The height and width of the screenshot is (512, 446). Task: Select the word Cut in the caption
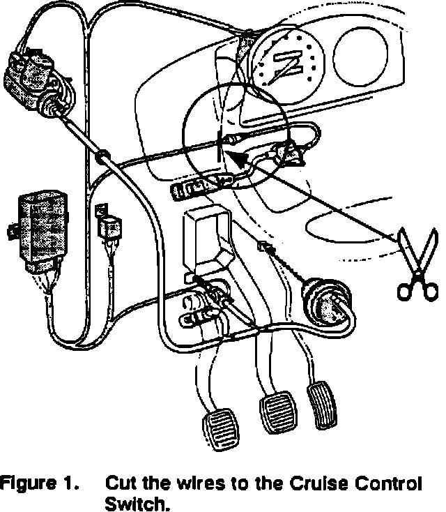pos(119,483)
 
